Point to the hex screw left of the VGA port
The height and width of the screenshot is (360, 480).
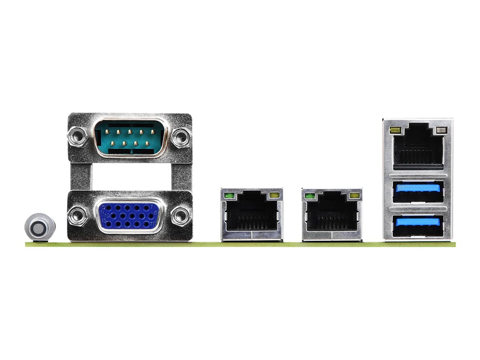click(x=78, y=216)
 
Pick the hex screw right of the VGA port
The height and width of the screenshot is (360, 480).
click(x=180, y=216)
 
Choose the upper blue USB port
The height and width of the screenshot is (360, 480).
click(x=418, y=191)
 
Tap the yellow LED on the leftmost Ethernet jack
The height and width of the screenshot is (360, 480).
click(x=274, y=196)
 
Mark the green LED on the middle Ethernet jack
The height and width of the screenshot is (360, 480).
click(x=309, y=196)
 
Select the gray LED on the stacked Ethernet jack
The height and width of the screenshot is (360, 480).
click(x=442, y=130)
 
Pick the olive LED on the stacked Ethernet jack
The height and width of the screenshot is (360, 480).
click(x=394, y=130)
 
